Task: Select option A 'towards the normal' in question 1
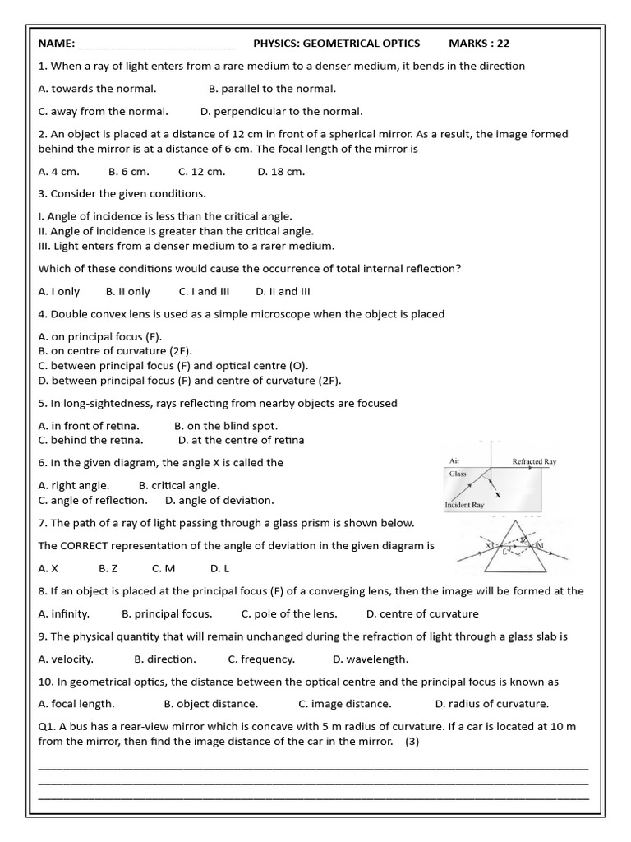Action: point(97,88)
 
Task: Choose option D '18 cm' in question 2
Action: point(281,171)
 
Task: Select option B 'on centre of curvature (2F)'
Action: point(115,351)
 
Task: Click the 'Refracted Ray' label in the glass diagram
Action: point(534,461)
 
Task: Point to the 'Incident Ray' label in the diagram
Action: point(464,504)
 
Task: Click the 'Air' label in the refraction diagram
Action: point(454,461)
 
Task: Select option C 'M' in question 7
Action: point(164,567)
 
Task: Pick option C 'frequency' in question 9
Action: point(261,659)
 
